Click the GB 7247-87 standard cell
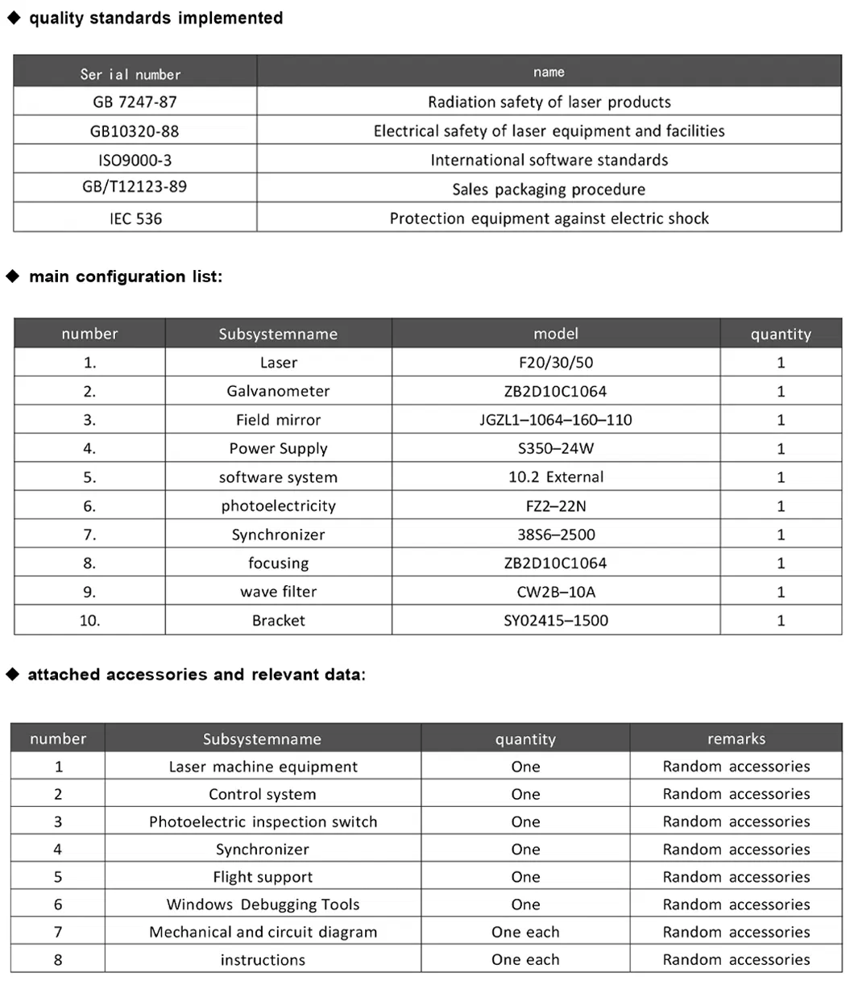(135, 102)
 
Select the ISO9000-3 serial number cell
(135, 160)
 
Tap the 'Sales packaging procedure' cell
(549, 189)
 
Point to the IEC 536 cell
(135, 218)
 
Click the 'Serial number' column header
(131, 74)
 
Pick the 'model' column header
(556, 334)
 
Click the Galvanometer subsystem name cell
(278, 391)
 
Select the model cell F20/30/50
(556, 363)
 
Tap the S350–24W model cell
(556, 448)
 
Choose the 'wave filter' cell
(278, 592)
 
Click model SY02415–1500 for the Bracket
(556, 621)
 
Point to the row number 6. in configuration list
(89, 506)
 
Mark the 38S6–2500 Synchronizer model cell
(556, 534)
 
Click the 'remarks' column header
(736, 738)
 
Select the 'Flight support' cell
(263, 877)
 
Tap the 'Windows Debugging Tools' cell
(263, 904)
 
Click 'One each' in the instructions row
(525, 959)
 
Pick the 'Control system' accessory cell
(263, 794)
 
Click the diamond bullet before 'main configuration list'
(13, 276)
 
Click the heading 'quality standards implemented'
(155, 18)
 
